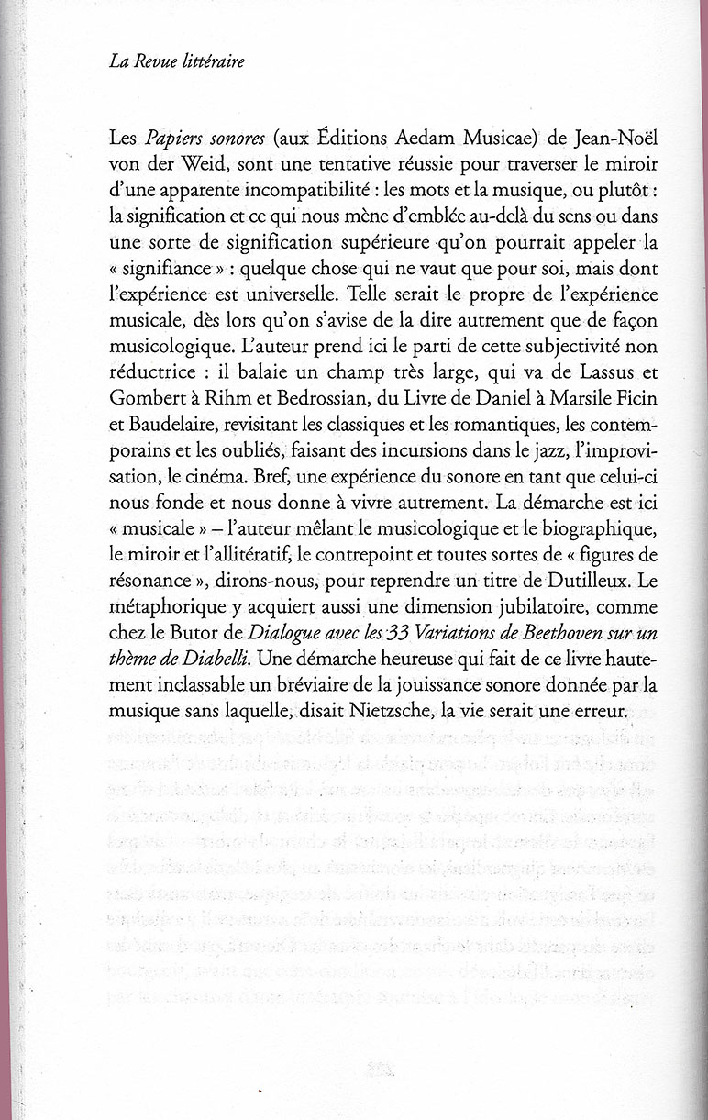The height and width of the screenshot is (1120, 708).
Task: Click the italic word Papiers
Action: click(172, 138)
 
